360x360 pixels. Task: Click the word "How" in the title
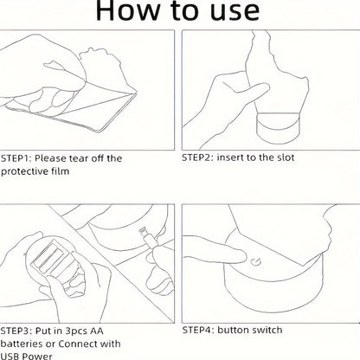point(128,10)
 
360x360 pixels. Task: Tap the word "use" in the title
point(235,12)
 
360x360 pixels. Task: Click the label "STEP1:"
point(16,158)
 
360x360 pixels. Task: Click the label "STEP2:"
point(197,157)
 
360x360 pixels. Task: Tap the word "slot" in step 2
point(286,157)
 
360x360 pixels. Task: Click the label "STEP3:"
point(16,331)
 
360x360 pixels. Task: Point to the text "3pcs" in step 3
point(76,331)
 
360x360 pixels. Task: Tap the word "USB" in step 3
point(10,357)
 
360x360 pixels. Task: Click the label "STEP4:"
point(198,330)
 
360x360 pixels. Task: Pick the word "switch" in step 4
point(266,330)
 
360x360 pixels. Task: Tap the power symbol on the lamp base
point(255,262)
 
